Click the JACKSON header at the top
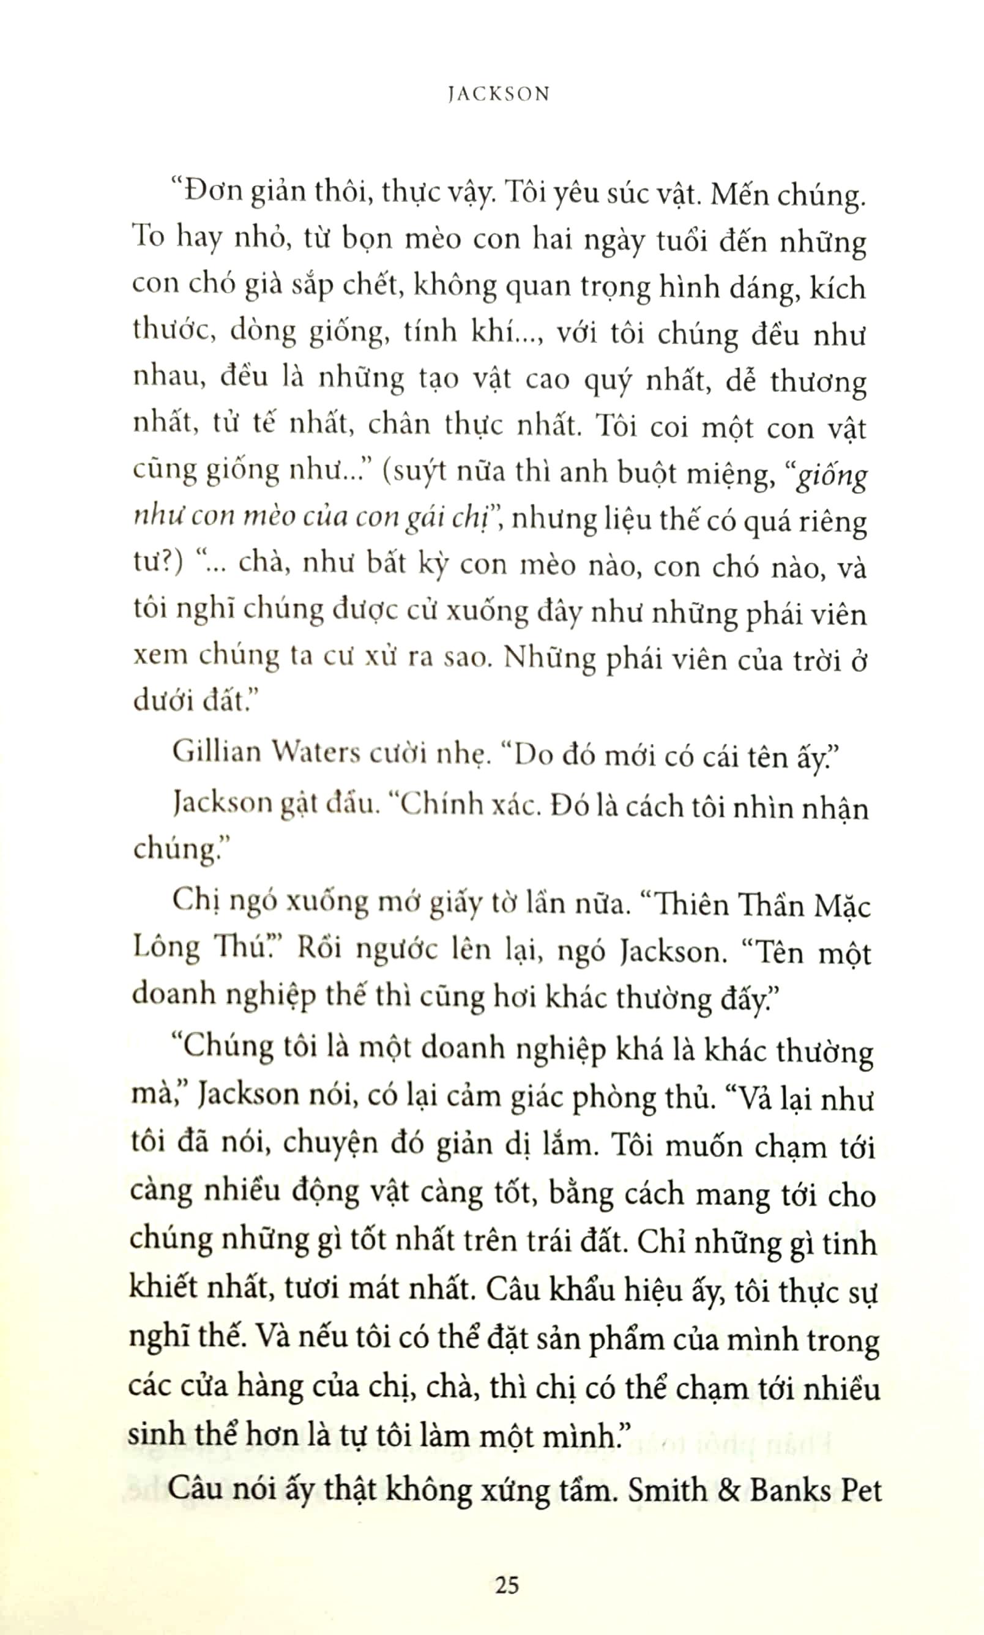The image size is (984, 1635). pyautogui.click(x=499, y=94)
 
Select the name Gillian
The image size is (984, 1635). pyautogui.click(x=216, y=752)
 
